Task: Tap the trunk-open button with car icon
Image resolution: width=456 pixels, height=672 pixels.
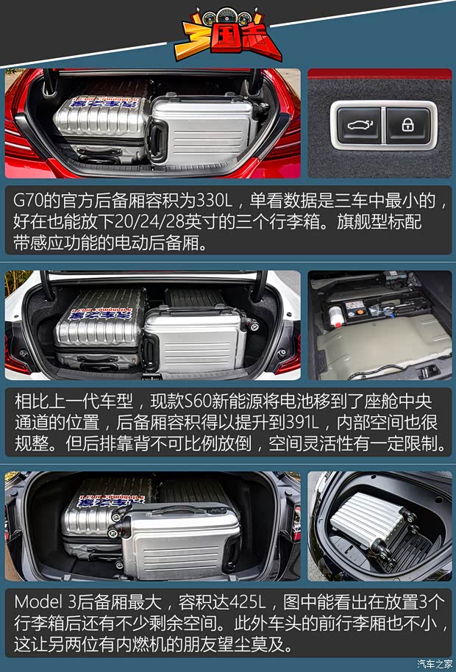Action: [x=357, y=124]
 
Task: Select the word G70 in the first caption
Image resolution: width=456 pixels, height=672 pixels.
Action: [x=31, y=201]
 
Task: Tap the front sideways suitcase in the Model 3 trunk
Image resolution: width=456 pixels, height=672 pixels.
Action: [x=180, y=540]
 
